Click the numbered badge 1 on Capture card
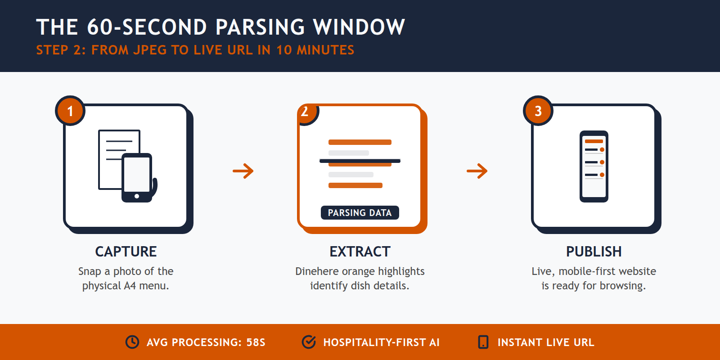[x=70, y=111]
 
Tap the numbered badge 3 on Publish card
[x=538, y=111]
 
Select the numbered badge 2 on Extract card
[x=306, y=112]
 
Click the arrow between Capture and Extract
[x=243, y=171]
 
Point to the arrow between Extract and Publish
[x=477, y=171]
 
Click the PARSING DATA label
[x=360, y=213]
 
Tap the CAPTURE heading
[x=126, y=252]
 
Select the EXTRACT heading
[x=360, y=252]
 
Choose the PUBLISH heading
[x=594, y=252]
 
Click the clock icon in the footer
[x=132, y=342]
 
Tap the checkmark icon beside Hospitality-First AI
[x=309, y=342]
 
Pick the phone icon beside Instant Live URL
[x=483, y=342]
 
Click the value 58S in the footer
[x=256, y=342]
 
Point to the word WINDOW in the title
[x=359, y=27]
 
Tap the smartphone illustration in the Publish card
[x=594, y=166]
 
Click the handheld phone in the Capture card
[x=137, y=178]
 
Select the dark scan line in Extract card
[x=360, y=161]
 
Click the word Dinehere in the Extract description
[x=317, y=271]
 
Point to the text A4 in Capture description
[x=130, y=286]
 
